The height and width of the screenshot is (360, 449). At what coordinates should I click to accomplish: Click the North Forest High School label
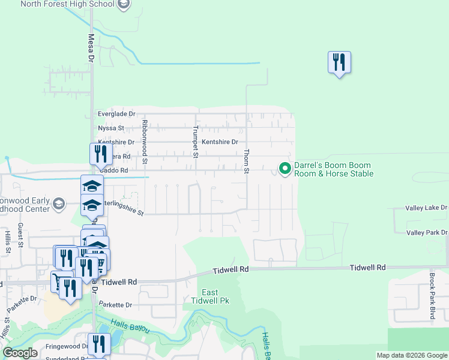[x=67, y=4]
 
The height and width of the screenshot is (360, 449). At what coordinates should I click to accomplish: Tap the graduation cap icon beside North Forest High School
[x=124, y=5]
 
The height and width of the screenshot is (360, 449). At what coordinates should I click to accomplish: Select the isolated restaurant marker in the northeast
[x=339, y=62]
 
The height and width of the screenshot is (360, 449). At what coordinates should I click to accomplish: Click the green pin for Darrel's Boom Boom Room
[x=285, y=169]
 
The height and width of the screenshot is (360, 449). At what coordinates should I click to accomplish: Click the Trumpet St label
[x=196, y=142]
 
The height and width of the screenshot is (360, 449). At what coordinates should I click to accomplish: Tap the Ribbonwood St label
[x=145, y=142]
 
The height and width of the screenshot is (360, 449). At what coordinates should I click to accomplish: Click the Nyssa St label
[x=110, y=128]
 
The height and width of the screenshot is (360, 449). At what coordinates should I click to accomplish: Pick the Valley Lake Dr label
[x=427, y=208]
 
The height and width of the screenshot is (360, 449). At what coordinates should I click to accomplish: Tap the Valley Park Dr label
[x=427, y=232]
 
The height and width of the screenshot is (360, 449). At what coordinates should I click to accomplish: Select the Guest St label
[x=20, y=235]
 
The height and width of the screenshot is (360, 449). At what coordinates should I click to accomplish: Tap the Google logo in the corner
[x=20, y=353]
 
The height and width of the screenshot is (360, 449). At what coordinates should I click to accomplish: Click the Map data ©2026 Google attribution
[x=412, y=355]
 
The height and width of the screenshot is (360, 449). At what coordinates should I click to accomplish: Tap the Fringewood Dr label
[x=68, y=346]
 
